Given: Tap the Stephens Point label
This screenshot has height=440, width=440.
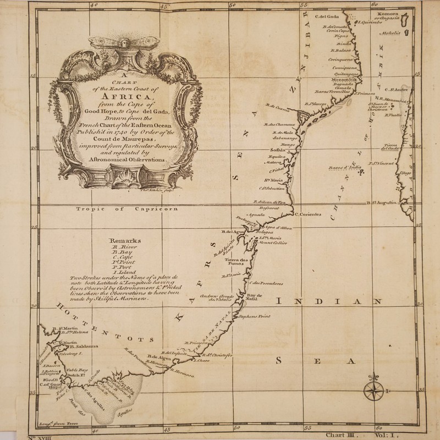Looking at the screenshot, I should (254, 317).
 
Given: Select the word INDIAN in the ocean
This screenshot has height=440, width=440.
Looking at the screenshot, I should (329, 301).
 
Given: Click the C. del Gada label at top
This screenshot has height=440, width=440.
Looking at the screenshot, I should (326, 16).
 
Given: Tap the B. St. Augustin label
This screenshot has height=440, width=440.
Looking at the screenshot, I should (381, 204).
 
